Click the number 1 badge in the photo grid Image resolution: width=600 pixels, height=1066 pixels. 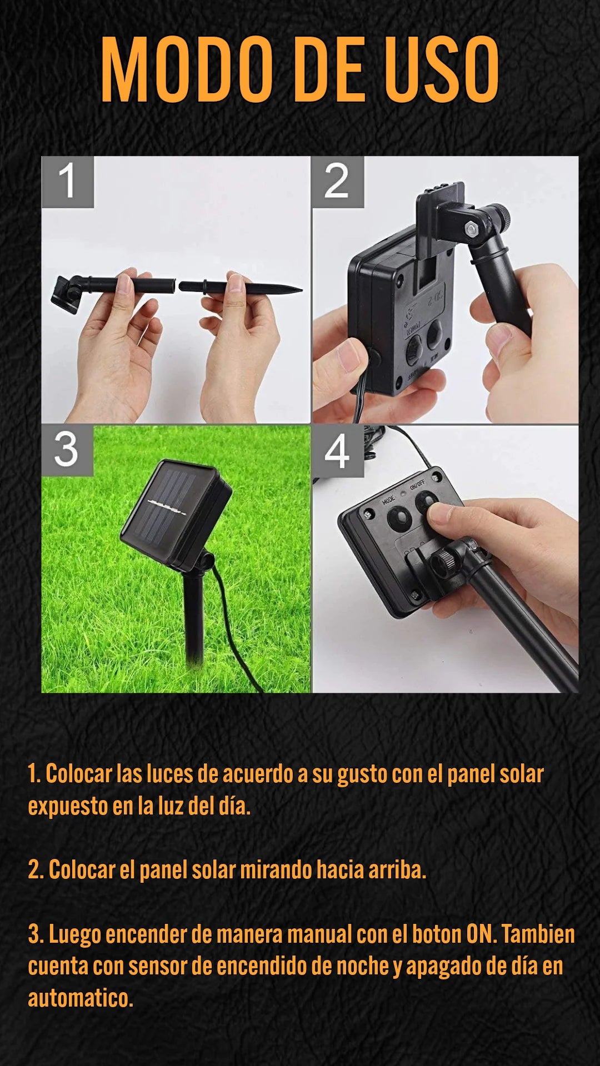(x=67, y=182)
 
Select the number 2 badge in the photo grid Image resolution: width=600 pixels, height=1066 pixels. (x=337, y=182)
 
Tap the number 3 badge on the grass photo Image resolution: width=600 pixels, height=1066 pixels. (x=67, y=450)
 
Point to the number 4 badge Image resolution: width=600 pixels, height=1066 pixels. (x=337, y=451)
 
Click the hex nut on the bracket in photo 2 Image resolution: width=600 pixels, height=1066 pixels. (x=471, y=228)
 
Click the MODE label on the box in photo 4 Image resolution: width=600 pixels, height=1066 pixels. (x=388, y=500)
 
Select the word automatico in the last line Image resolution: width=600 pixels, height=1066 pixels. (x=81, y=998)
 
